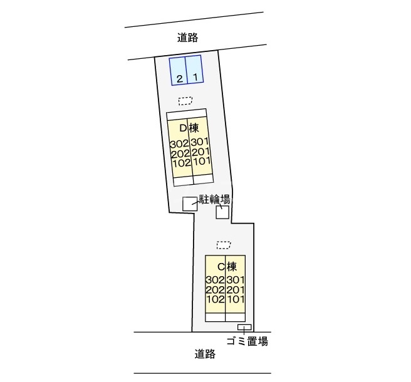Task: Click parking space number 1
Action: (x=195, y=78)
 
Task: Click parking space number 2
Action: (x=179, y=78)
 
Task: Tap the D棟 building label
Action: (x=189, y=128)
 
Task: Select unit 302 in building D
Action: (x=179, y=143)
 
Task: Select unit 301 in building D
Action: (x=200, y=143)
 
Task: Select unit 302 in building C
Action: (x=215, y=280)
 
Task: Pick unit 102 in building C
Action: (x=215, y=299)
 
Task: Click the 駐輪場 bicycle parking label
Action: (x=215, y=199)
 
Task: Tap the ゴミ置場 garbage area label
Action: (x=247, y=341)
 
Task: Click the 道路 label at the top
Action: (x=187, y=38)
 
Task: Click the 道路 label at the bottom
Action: (x=205, y=354)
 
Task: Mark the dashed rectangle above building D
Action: (x=185, y=100)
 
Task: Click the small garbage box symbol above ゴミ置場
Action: (x=244, y=328)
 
